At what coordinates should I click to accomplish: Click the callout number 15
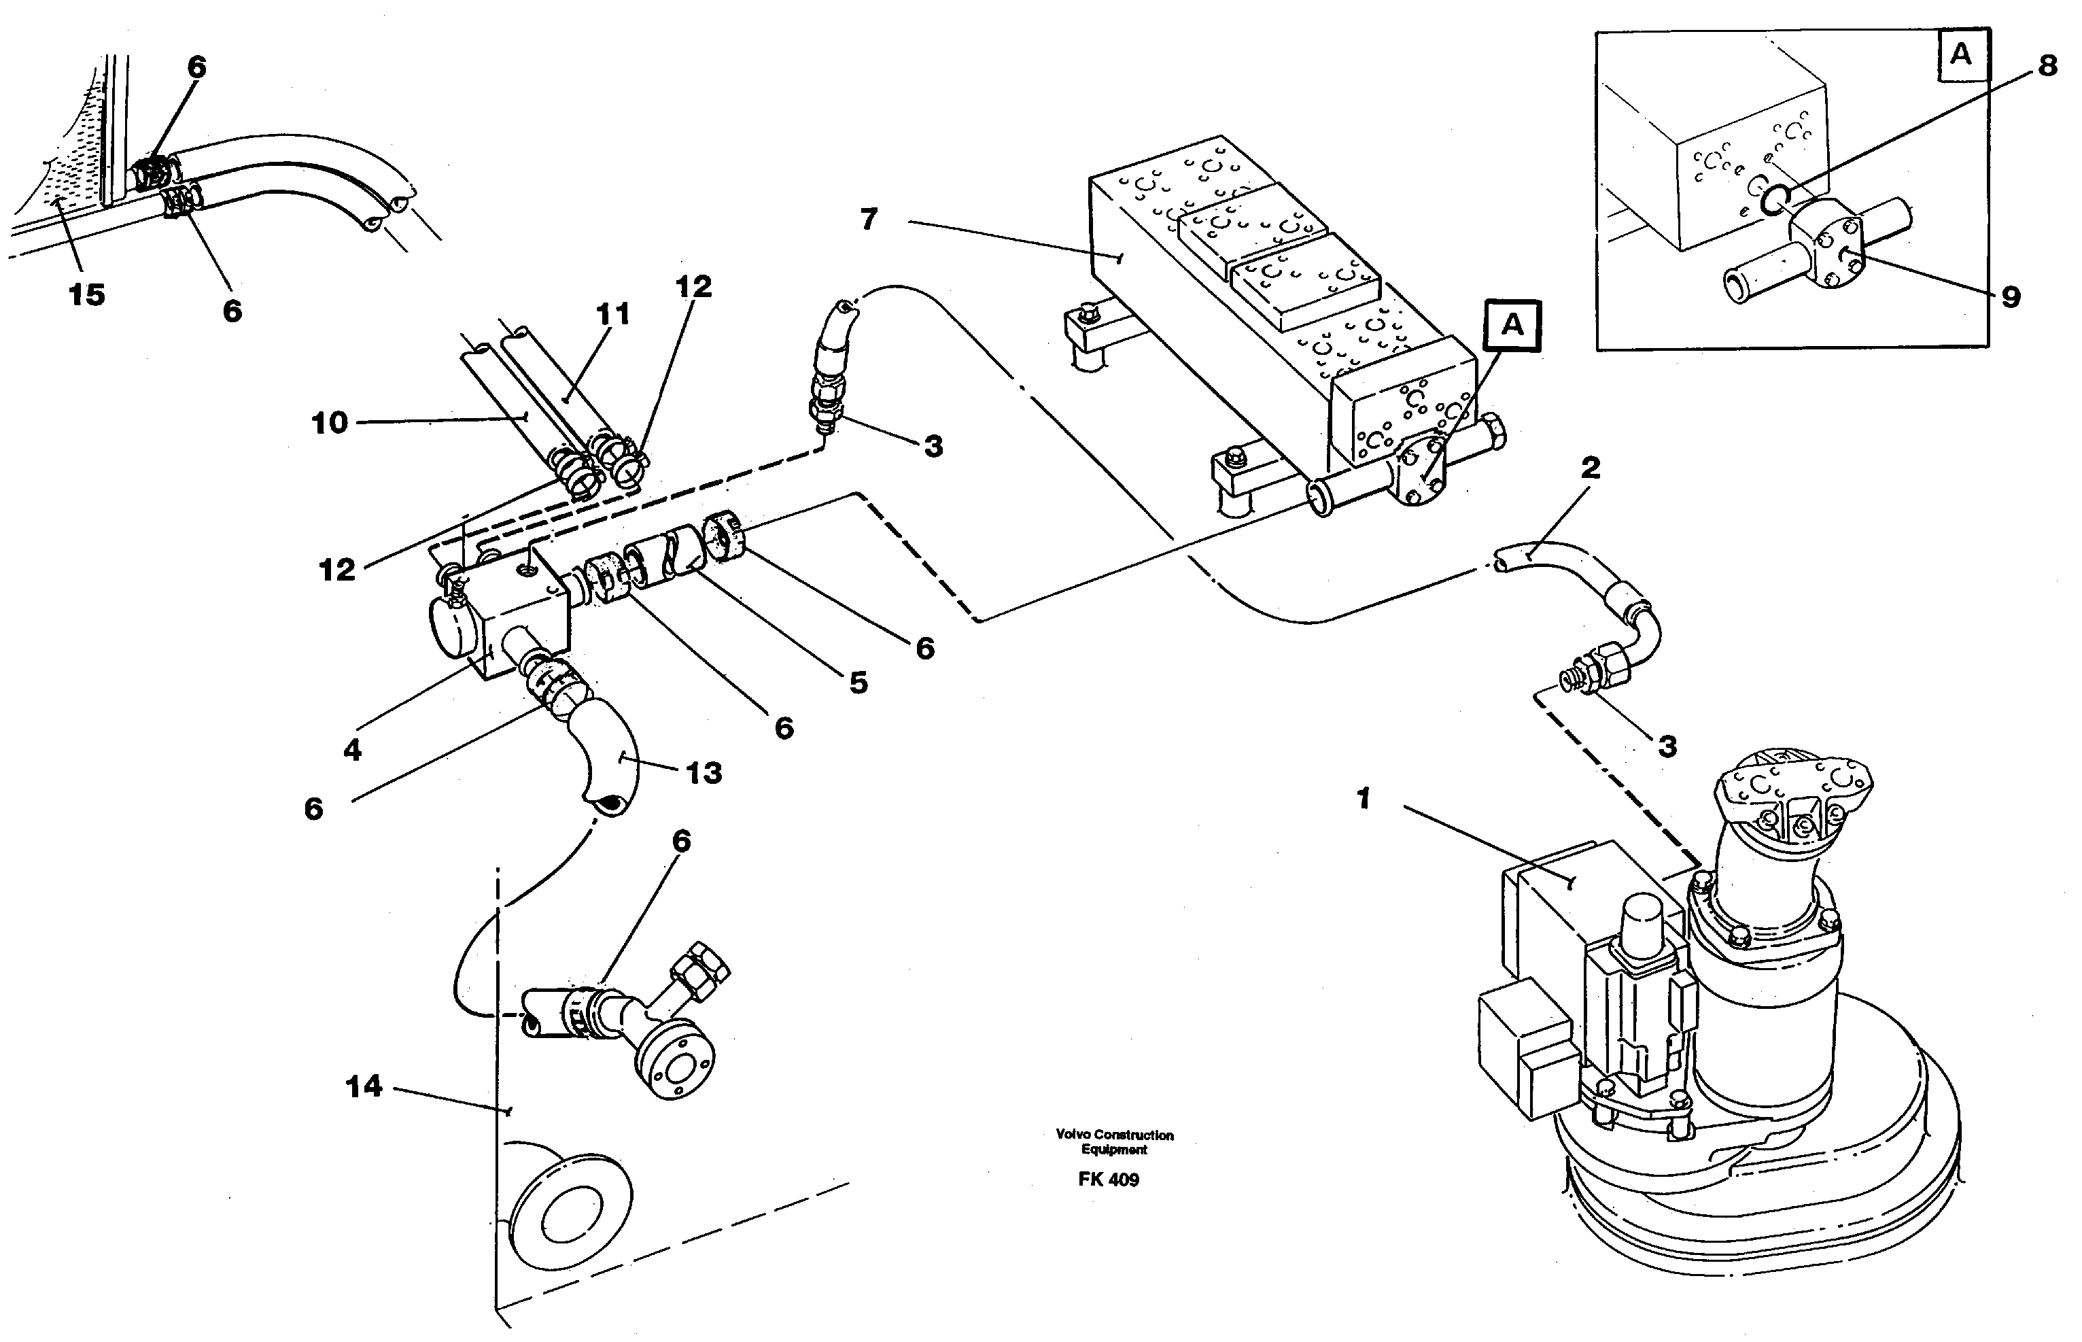click(x=86, y=294)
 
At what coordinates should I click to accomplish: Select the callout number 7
click(x=869, y=220)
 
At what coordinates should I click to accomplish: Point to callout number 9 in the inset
click(x=2011, y=297)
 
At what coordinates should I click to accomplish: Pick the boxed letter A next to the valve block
click(x=1512, y=325)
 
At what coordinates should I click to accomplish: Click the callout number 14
click(x=363, y=1086)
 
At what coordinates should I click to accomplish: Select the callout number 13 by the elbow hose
click(x=704, y=772)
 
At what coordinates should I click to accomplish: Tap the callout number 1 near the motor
click(x=1364, y=798)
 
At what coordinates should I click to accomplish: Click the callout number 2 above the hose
click(x=1590, y=468)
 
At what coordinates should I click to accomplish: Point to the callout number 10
click(x=329, y=424)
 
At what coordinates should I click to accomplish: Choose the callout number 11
click(x=612, y=313)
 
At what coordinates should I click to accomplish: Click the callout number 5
click(x=858, y=683)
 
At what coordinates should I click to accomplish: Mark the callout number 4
click(x=352, y=749)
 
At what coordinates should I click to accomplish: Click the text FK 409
click(x=1108, y=1180)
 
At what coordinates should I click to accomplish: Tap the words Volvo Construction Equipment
click(x=1114, y=1141)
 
